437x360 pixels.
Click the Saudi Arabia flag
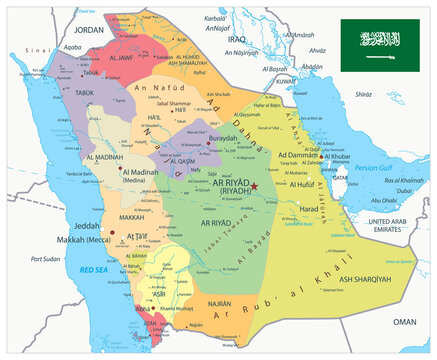click(379, 44)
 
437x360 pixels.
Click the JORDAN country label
click(89, 31)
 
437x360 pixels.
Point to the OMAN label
click(403, 321)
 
